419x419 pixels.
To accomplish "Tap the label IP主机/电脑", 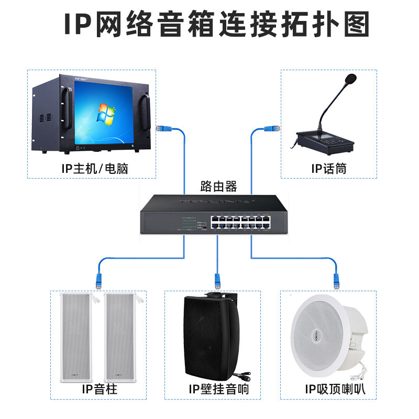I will pyautogui.click(x=94, y=168).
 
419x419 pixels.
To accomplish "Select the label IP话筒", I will pyautogui.click(x=328, y=168).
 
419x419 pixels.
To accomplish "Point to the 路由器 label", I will pyautogui.click(x=218, y=185).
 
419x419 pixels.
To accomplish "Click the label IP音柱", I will pyautogui.click(x=99, y=389).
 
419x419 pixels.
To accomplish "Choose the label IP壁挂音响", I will pyautogui.click(x=218, y=389).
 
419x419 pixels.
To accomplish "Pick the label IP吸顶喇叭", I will pyautogui.click(x=335, y=389).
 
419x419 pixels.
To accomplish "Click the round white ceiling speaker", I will pyautogui.click(x=320, y=335).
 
